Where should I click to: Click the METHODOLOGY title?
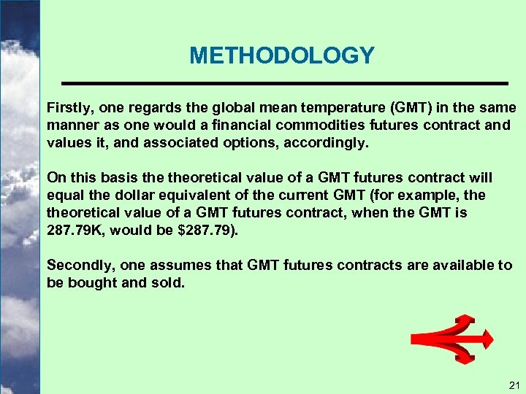coord(281,55)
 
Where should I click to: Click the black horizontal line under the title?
coord(284,82)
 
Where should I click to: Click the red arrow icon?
coord(452,339)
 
